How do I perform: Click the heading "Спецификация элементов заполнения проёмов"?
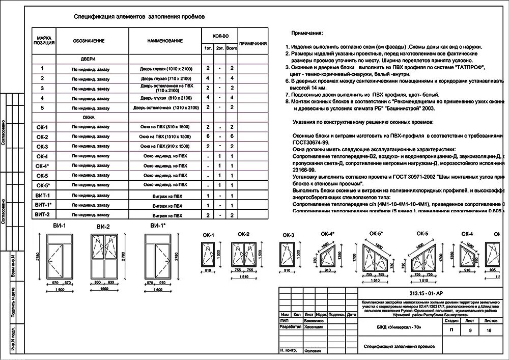139,16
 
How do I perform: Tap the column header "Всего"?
232,48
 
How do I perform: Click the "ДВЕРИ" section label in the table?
88,59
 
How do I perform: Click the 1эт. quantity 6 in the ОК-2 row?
208,137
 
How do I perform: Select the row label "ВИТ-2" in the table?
42,215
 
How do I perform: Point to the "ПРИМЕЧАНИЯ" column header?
253,44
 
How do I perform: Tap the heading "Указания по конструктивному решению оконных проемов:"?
363,123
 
